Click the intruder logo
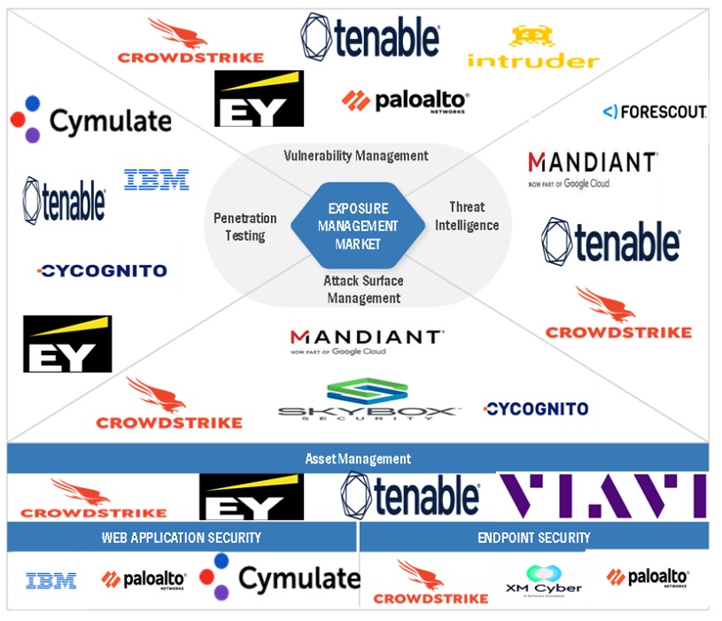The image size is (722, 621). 532,48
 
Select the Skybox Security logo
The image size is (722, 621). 368,400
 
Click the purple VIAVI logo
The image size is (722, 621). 602,495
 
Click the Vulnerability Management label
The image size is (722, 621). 356,156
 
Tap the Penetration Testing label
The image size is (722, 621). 245,227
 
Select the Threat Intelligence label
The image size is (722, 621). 467,216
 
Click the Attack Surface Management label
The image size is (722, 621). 363,290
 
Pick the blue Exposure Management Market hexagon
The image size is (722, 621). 358,225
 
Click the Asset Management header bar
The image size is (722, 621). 358,459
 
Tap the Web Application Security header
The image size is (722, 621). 182,537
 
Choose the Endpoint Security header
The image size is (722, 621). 534,537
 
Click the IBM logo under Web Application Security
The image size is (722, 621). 50,581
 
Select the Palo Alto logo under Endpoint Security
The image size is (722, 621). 648,578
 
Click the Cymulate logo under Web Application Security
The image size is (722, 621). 280,578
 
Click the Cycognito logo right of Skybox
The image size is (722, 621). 535,408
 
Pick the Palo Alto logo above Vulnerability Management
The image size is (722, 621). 405,101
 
